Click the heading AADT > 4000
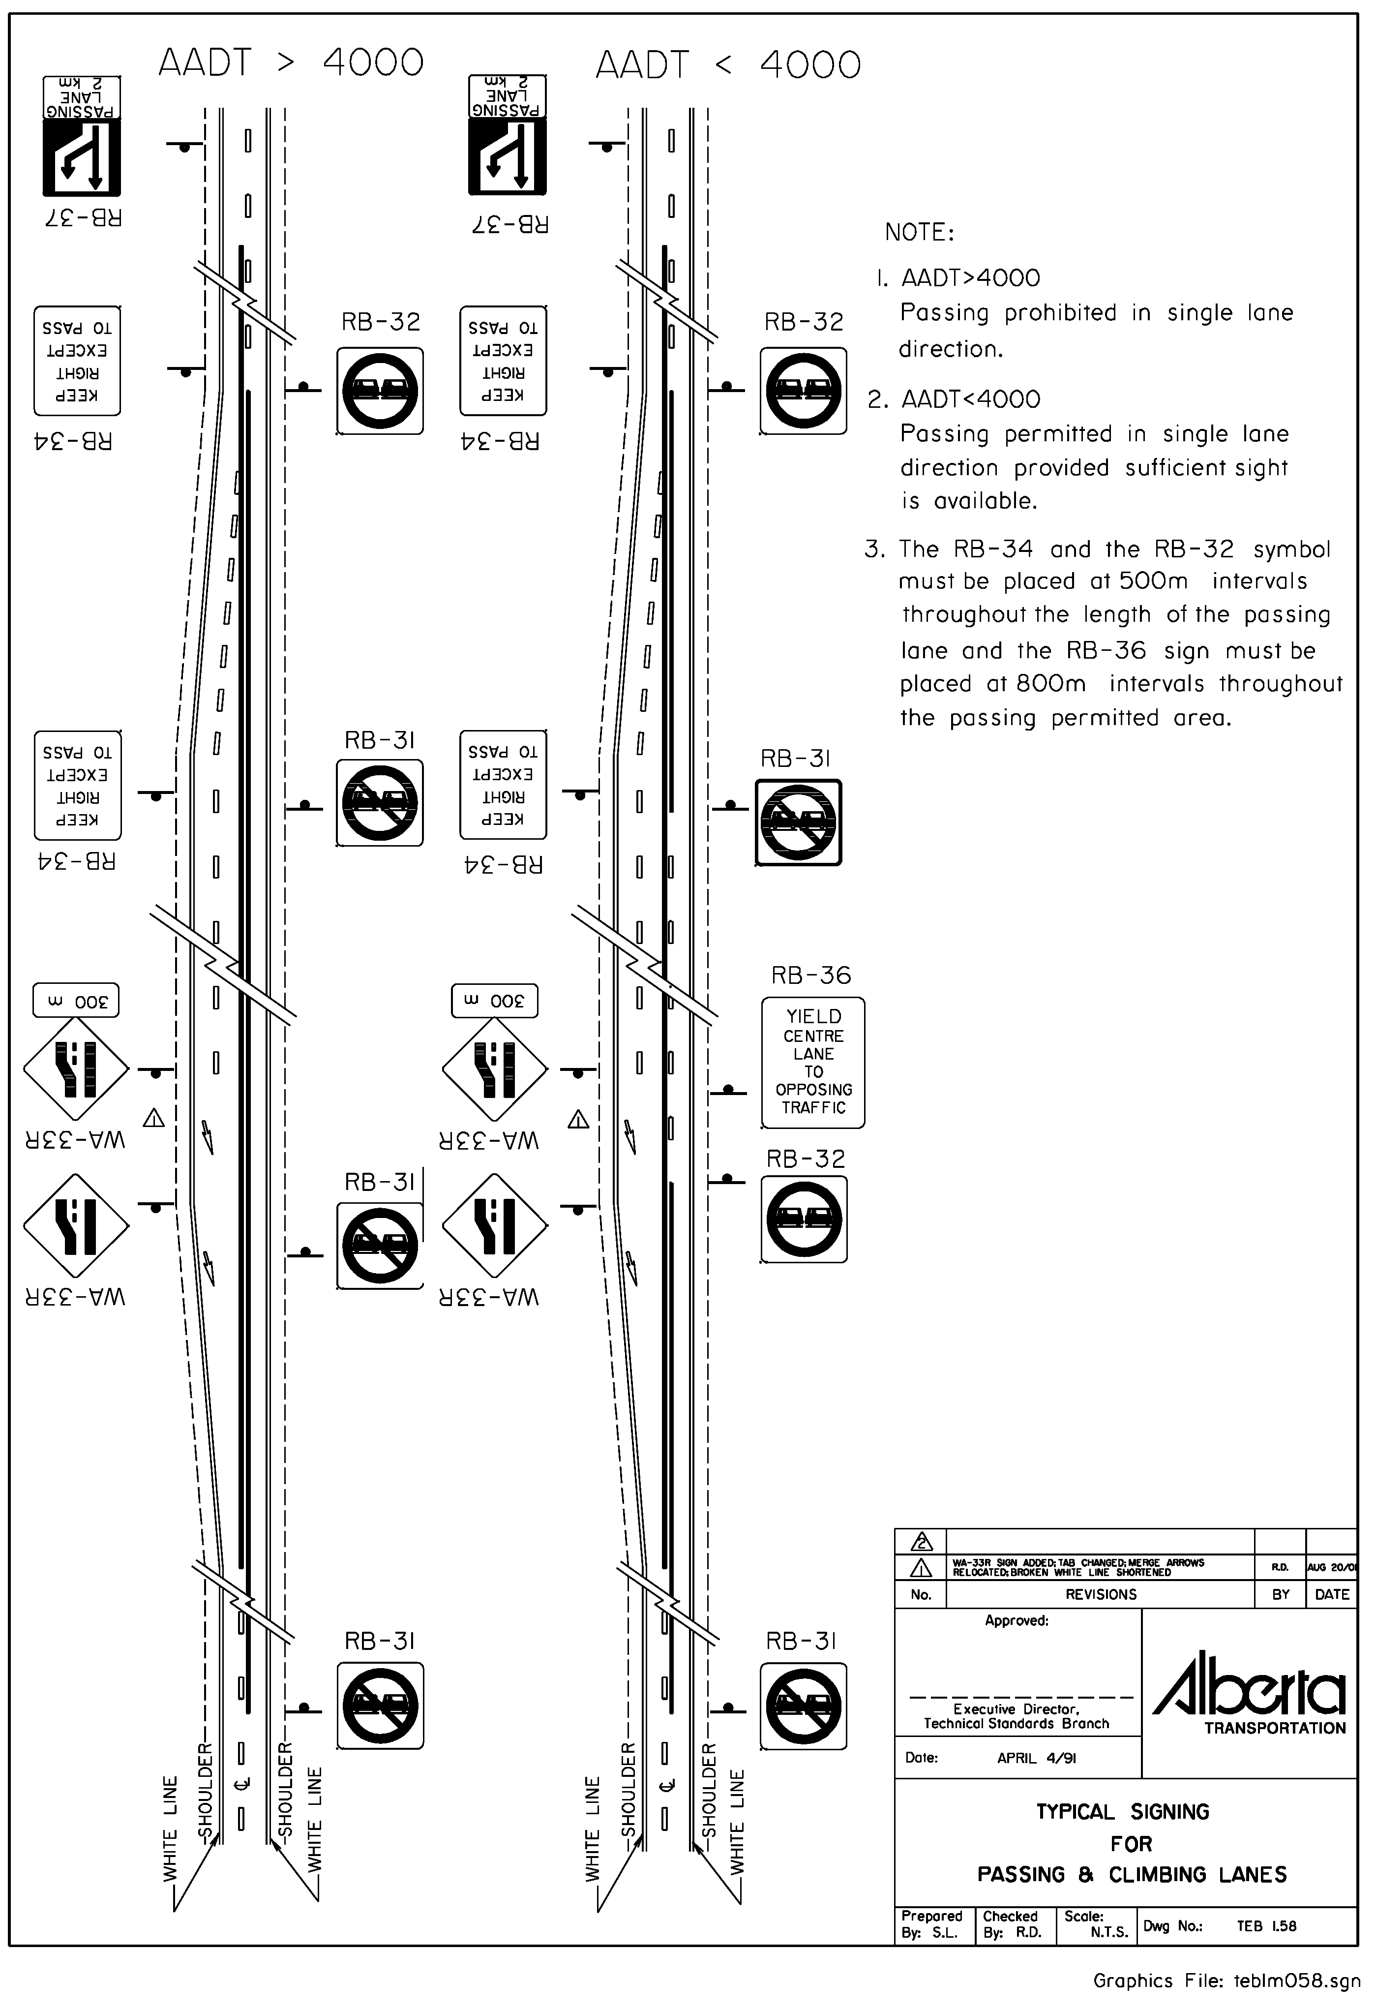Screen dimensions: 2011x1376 coord(291,63)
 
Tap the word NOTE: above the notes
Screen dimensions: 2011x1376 coord(919,233)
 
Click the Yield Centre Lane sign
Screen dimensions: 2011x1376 coord(813,1063)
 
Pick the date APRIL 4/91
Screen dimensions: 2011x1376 coord(1036,1758)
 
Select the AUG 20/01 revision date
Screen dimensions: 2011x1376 coord(1332,1568)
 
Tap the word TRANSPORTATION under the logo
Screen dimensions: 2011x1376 coord(1275,1729)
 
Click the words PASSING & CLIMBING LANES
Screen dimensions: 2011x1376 coord(1131,1875)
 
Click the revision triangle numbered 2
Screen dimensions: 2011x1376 coord(922,1543)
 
